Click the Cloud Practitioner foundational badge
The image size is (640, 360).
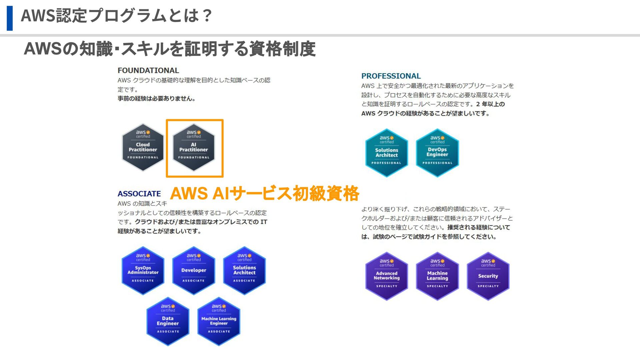[143, 147]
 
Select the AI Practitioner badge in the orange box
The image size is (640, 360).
[194, 147]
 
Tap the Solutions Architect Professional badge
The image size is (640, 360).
[387, 153]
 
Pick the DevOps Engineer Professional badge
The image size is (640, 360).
[437, 153]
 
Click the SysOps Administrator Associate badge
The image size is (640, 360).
[143, 270]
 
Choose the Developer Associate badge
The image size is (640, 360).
[194, 270]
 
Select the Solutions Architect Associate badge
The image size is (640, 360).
[244, 270]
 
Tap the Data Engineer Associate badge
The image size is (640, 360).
[168, 321]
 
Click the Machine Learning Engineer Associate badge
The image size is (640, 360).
[219, 321]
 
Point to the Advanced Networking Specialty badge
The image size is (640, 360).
[387, 276]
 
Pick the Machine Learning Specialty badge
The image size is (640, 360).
[437, 276]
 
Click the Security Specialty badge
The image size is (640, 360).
[488, 276]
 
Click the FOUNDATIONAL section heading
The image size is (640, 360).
[148, 70]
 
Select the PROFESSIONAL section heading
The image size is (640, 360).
[391, 76]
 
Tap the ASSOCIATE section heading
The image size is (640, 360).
[139, 194]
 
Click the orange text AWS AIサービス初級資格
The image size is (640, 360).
[264, 193]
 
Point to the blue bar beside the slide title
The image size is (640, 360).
[10, 18]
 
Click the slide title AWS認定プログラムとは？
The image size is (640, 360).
[116, 15]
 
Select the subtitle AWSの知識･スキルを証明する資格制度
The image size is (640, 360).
[170, 49]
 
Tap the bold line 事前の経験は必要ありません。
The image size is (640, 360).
[157, 99]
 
